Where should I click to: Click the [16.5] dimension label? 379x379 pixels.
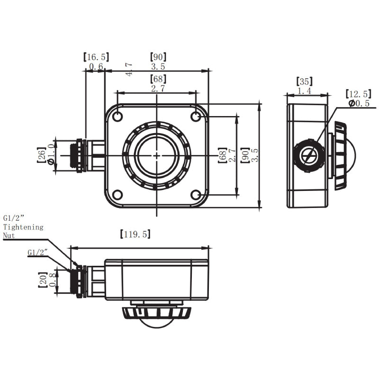pos(96,57)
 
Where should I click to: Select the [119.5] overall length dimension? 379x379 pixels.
pos(135,234)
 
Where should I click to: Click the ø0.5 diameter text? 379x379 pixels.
pos(359,103)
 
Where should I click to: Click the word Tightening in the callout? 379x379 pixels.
pos(23,227)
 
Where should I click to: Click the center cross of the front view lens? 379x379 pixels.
pos(157,155)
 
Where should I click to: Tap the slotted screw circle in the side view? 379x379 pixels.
pos(308,155)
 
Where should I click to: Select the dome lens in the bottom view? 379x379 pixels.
pos(157,323)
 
